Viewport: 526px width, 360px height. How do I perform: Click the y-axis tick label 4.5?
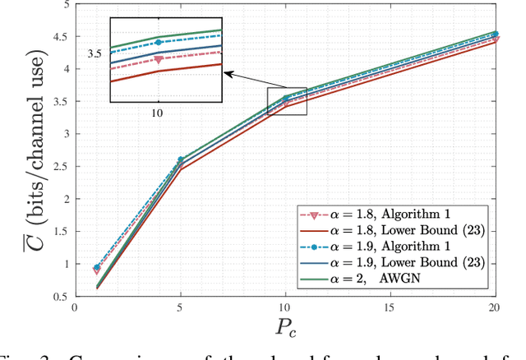[60, 36]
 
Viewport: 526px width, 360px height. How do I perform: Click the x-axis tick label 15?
[390, 307]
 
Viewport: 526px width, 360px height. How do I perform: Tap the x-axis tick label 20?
[495, 307]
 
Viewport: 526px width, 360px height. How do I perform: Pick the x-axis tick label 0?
[75, 307]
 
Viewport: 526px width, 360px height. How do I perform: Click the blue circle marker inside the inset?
[157, 42]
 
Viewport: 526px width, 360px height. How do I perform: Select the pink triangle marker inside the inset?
[157, 59]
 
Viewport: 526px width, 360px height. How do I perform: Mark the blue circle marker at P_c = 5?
[181, 160]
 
